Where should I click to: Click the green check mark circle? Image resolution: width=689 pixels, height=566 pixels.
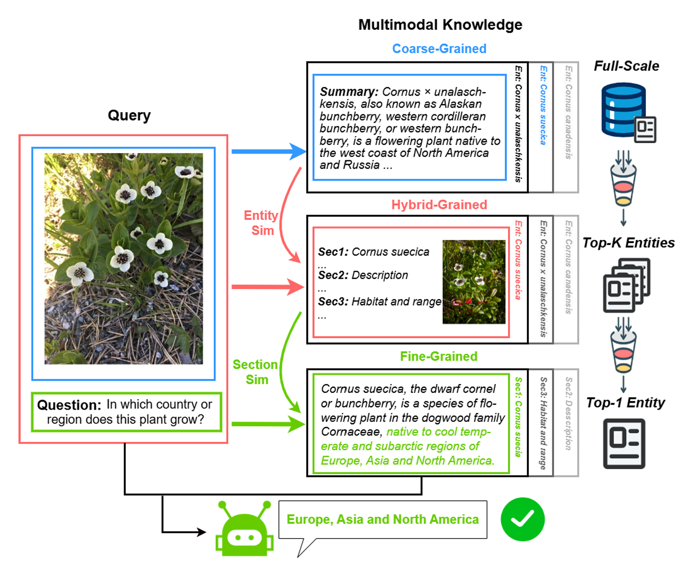pos(522,519)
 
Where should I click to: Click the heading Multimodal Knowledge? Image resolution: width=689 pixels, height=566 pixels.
pos(440,25)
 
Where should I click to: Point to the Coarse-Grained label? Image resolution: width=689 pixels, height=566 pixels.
pos(439,49)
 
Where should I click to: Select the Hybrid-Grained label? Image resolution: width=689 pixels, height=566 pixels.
pos(439,205)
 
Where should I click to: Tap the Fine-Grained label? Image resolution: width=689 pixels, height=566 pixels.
pos(439,356)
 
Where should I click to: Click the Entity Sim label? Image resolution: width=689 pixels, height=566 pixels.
pos(261,223)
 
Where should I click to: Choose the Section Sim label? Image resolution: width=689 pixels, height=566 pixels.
pos(255,372)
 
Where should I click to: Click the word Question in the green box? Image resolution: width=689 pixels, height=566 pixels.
pos(69,405)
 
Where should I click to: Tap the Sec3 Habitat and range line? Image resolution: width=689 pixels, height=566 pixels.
pos(379,301)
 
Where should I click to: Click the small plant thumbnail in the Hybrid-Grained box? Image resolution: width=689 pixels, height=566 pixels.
pos(473,282)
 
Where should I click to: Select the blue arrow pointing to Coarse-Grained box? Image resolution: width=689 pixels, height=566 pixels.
pos(269,151)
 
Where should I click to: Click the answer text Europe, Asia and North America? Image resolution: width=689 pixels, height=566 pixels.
pos(382,519)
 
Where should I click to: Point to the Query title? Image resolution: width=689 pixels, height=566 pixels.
pos(129,116)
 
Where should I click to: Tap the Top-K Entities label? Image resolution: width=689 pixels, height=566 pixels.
pos(628,243)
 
